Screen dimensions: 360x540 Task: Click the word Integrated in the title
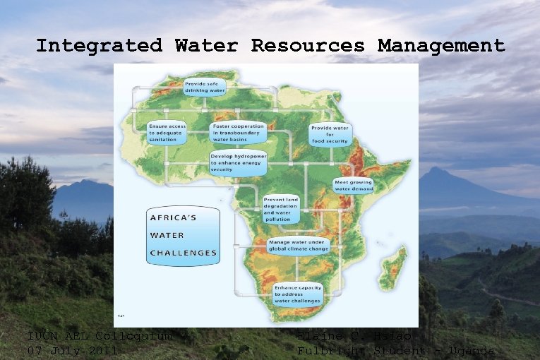point(99,47)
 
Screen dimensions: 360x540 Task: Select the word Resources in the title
point(308,47)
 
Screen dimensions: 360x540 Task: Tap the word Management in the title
point(441,47)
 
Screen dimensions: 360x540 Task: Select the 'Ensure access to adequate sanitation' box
point(167,133)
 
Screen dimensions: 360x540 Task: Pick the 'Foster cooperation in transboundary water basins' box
point(236,133)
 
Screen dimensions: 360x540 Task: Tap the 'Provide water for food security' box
point(330,134)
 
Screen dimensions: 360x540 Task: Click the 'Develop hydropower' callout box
point(236,162)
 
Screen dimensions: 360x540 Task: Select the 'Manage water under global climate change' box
point(299,246)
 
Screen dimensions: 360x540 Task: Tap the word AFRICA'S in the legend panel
point(173,217)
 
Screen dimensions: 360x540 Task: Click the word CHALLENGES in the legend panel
point(183,252)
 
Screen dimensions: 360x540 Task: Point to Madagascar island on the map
point(393,268)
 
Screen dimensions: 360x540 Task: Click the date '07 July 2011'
point(73,350)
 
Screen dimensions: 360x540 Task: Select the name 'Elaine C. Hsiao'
point(356,337)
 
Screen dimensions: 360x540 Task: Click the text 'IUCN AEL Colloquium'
point(99,336)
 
